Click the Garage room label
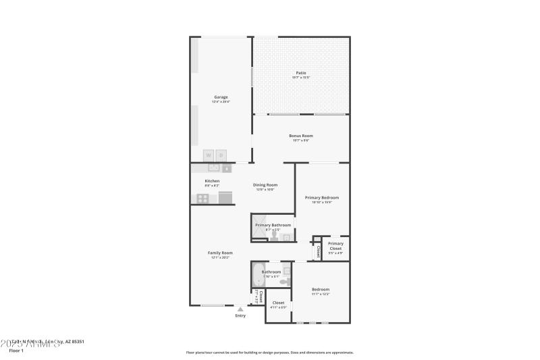point(221,97)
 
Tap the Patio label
point(301,73)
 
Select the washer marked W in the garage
point(209,155)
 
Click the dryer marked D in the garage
point(221,155)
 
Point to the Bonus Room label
point(301,136)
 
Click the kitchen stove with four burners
point(203,198)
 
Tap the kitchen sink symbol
point(214,168)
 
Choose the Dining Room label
point(265,185)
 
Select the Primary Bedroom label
point(321,198)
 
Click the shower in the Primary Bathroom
point(259,228)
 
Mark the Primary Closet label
point(335,246)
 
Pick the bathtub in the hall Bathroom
point(259,276)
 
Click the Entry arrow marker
point(240,309)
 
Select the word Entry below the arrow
point(240,315)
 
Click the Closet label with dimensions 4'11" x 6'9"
point(278,303)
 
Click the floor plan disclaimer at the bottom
point(269,352)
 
